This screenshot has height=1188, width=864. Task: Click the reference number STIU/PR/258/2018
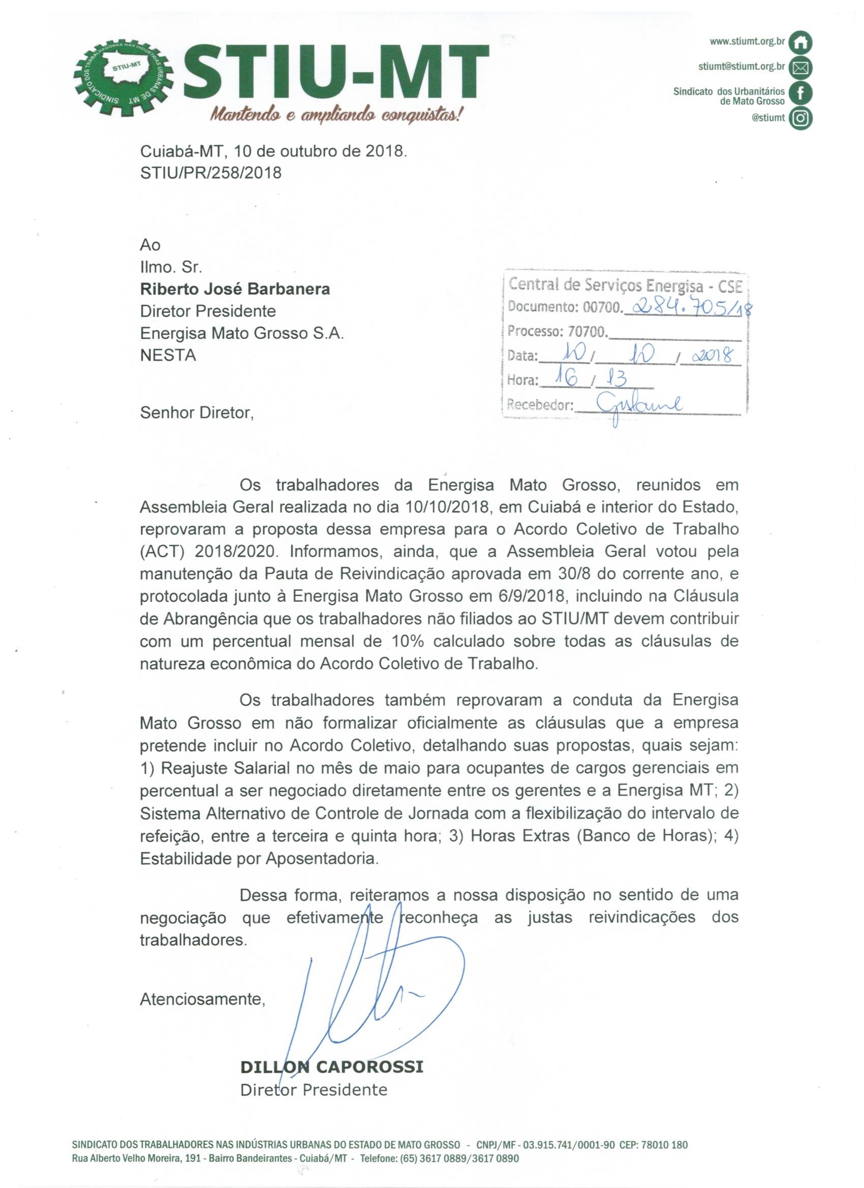[x=211, y=173]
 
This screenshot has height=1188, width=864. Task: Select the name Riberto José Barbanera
[x=235, y=289]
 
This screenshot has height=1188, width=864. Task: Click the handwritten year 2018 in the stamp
[x=711, y=355]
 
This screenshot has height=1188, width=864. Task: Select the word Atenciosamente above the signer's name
[x=202, y=999]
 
